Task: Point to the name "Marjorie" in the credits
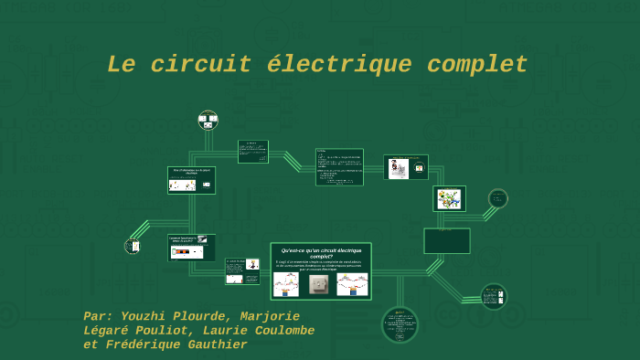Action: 270,316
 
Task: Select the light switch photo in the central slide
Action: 319,284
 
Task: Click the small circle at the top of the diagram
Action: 208,121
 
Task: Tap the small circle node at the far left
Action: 133,246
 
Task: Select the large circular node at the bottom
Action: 400,324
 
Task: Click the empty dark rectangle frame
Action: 447,240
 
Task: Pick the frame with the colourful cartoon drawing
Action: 449,198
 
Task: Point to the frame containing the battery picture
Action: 191,248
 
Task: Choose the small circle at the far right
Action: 497,198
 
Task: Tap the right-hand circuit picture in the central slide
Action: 352,284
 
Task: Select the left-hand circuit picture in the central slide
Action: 286,284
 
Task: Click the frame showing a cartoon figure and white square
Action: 406,167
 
